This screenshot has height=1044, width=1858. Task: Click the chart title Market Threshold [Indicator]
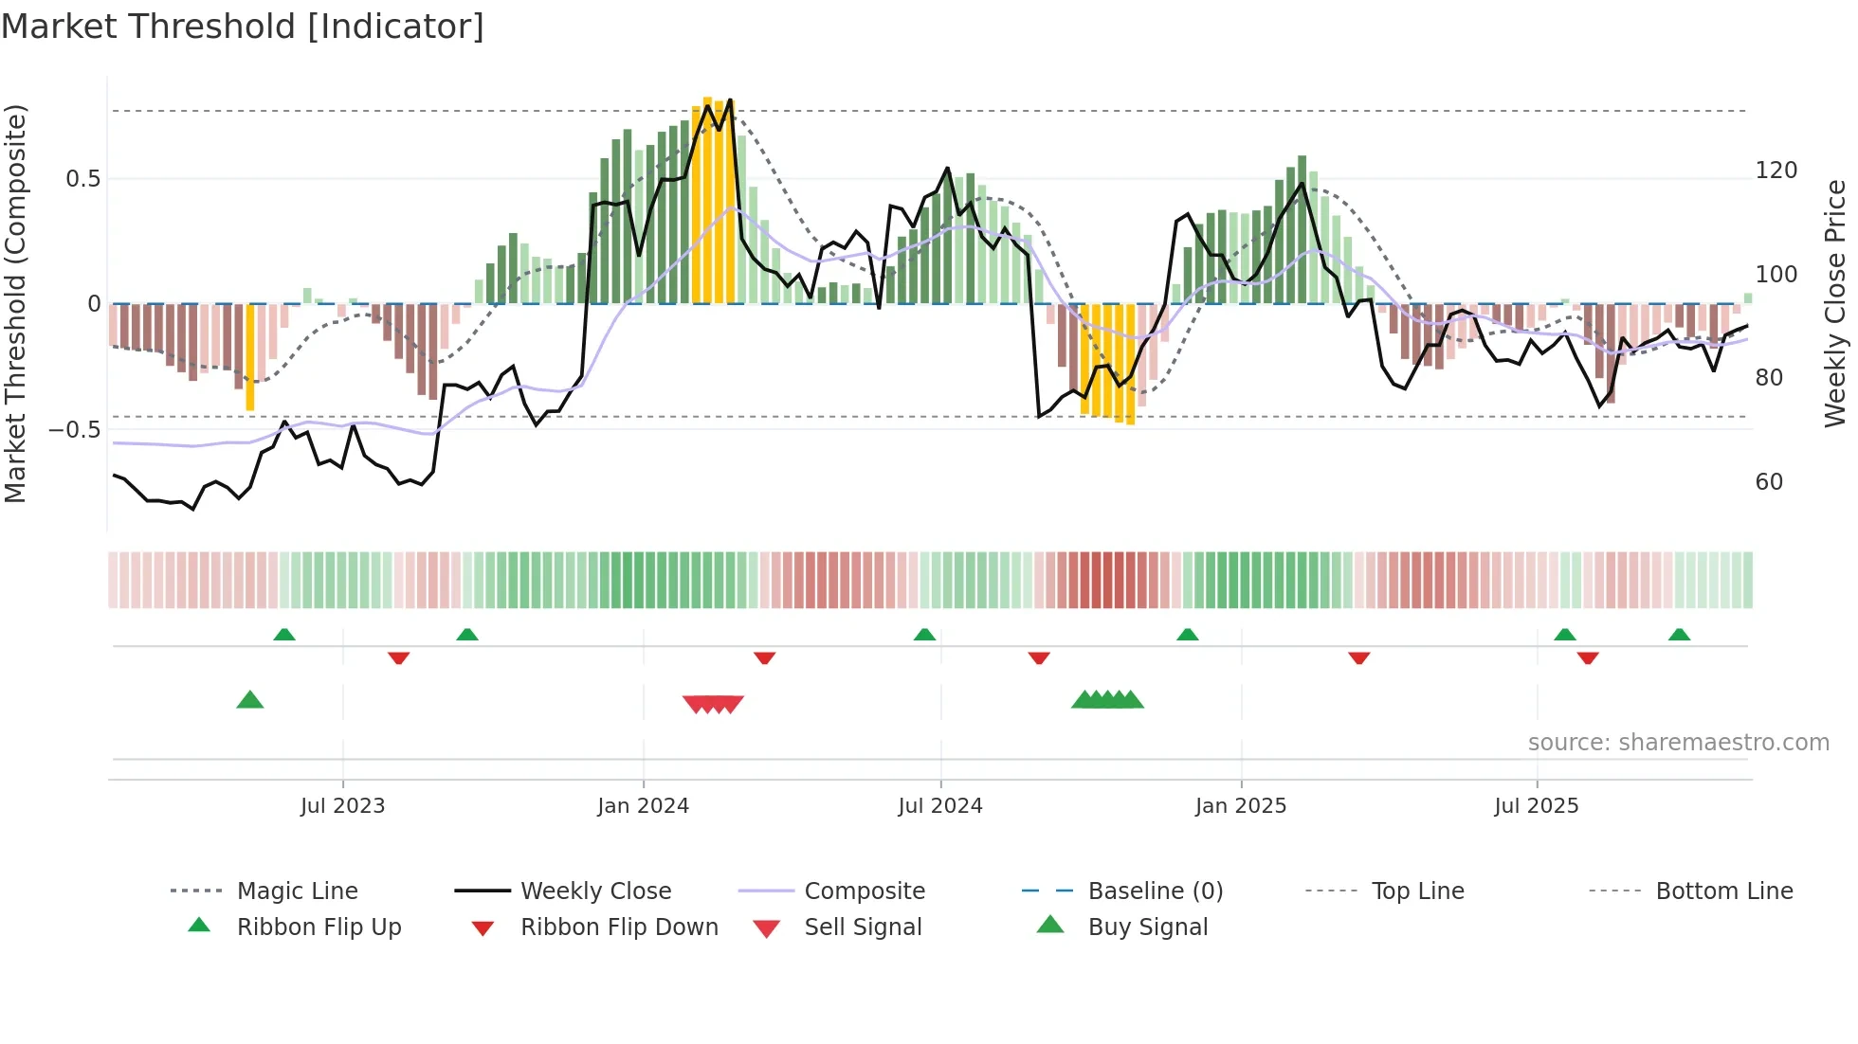pyautogui.click(x=243, y=27)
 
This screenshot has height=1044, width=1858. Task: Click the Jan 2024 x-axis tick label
pyautogui.click(x=643, y=806)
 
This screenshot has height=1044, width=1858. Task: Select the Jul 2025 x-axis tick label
pyautogui.click(x=1536, y=806)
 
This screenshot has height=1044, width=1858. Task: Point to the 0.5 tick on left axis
pyautogui.click(x=82, y=179)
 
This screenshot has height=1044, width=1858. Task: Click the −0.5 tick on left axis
pyautogui.click(x=75, y=430)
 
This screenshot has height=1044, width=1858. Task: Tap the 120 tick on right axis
pyautogui.click(x=1776, y=171)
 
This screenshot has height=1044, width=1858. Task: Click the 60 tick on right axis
pyautogui.click(x=1769, y=482)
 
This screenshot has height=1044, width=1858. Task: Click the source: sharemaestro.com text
pyautogui.click(x=1678, y=743)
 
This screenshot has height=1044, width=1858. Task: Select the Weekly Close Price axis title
pyautogui.click(x=1835, y=303)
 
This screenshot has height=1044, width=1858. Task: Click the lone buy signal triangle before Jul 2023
pyautogui.click(x=249, y=700)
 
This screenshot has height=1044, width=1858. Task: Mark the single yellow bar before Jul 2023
pyautogui.click(x=250, y=357)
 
